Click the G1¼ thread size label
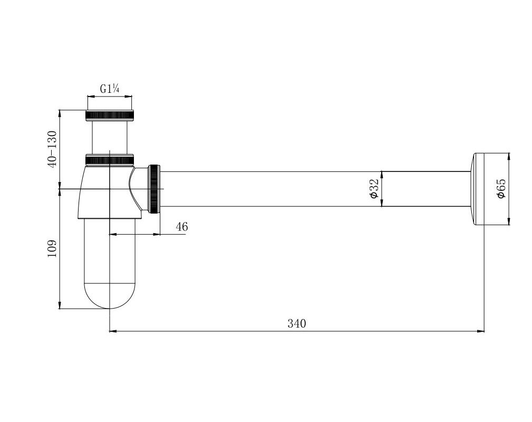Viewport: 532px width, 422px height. coord(109,89)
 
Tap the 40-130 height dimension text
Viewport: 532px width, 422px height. coord(53,149)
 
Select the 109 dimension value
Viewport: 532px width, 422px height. coord(52,249)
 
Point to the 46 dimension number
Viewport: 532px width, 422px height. coord(182,226)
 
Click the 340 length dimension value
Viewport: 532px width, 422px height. coord(297,323)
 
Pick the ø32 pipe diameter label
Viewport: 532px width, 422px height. coord(373,189)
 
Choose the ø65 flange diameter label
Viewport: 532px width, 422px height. coord(501,189)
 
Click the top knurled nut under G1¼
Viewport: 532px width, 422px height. coord(110,115)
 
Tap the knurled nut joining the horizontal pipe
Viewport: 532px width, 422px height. coord(154,189)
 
